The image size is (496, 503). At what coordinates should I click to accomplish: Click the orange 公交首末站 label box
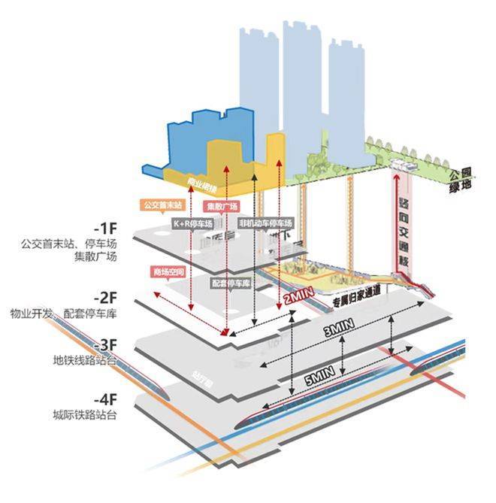pos(159,205)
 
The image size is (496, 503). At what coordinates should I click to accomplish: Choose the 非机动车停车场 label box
pos(265,223)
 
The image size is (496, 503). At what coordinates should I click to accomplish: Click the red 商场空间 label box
pos(168,271)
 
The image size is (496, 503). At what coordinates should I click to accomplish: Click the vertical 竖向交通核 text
pos(403,225)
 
